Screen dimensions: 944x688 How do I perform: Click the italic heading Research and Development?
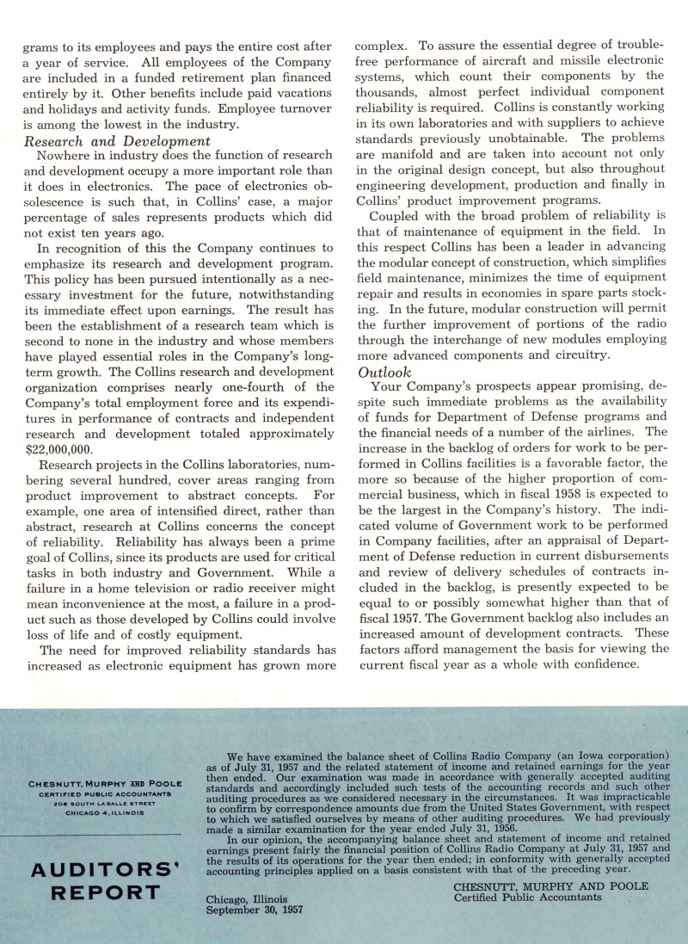point(119,141)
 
